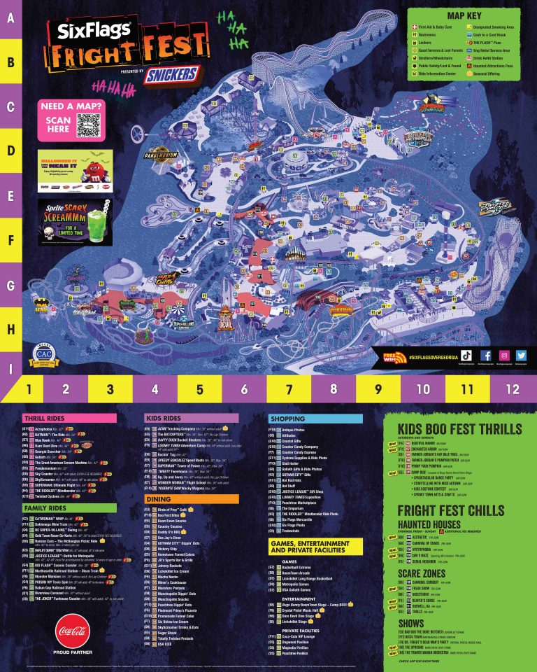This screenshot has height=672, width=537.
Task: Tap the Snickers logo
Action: coord(173,74)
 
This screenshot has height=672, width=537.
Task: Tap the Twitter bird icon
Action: coord(521,356)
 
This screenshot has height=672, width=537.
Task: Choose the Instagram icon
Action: coord(503,356)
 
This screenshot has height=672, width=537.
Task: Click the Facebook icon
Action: coord(486,356)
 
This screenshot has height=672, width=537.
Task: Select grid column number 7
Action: coord(289,387)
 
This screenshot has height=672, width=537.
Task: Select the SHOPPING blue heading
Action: coord(286,418)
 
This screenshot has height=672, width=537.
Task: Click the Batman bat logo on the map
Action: coord(41,306)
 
